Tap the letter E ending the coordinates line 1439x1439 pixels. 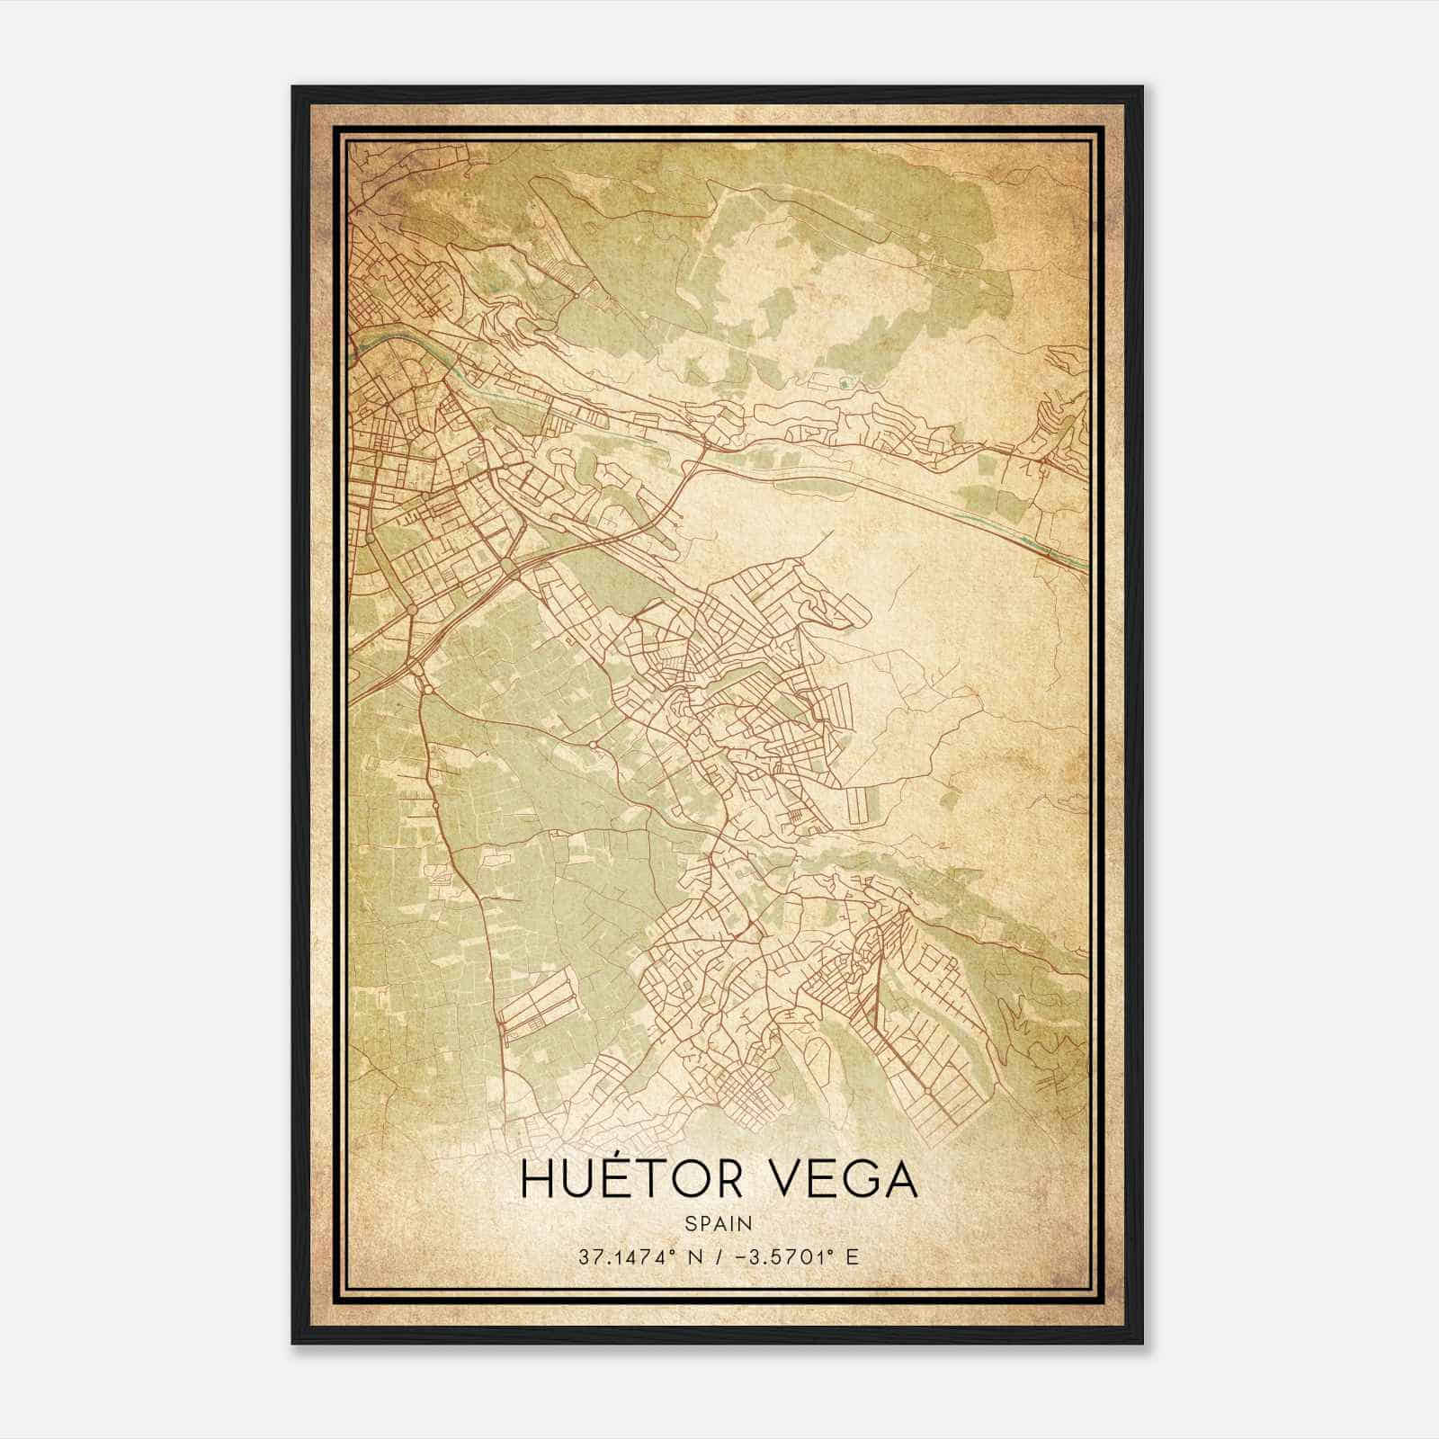(853, 1256)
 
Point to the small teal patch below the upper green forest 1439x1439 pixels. (843, 385)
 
